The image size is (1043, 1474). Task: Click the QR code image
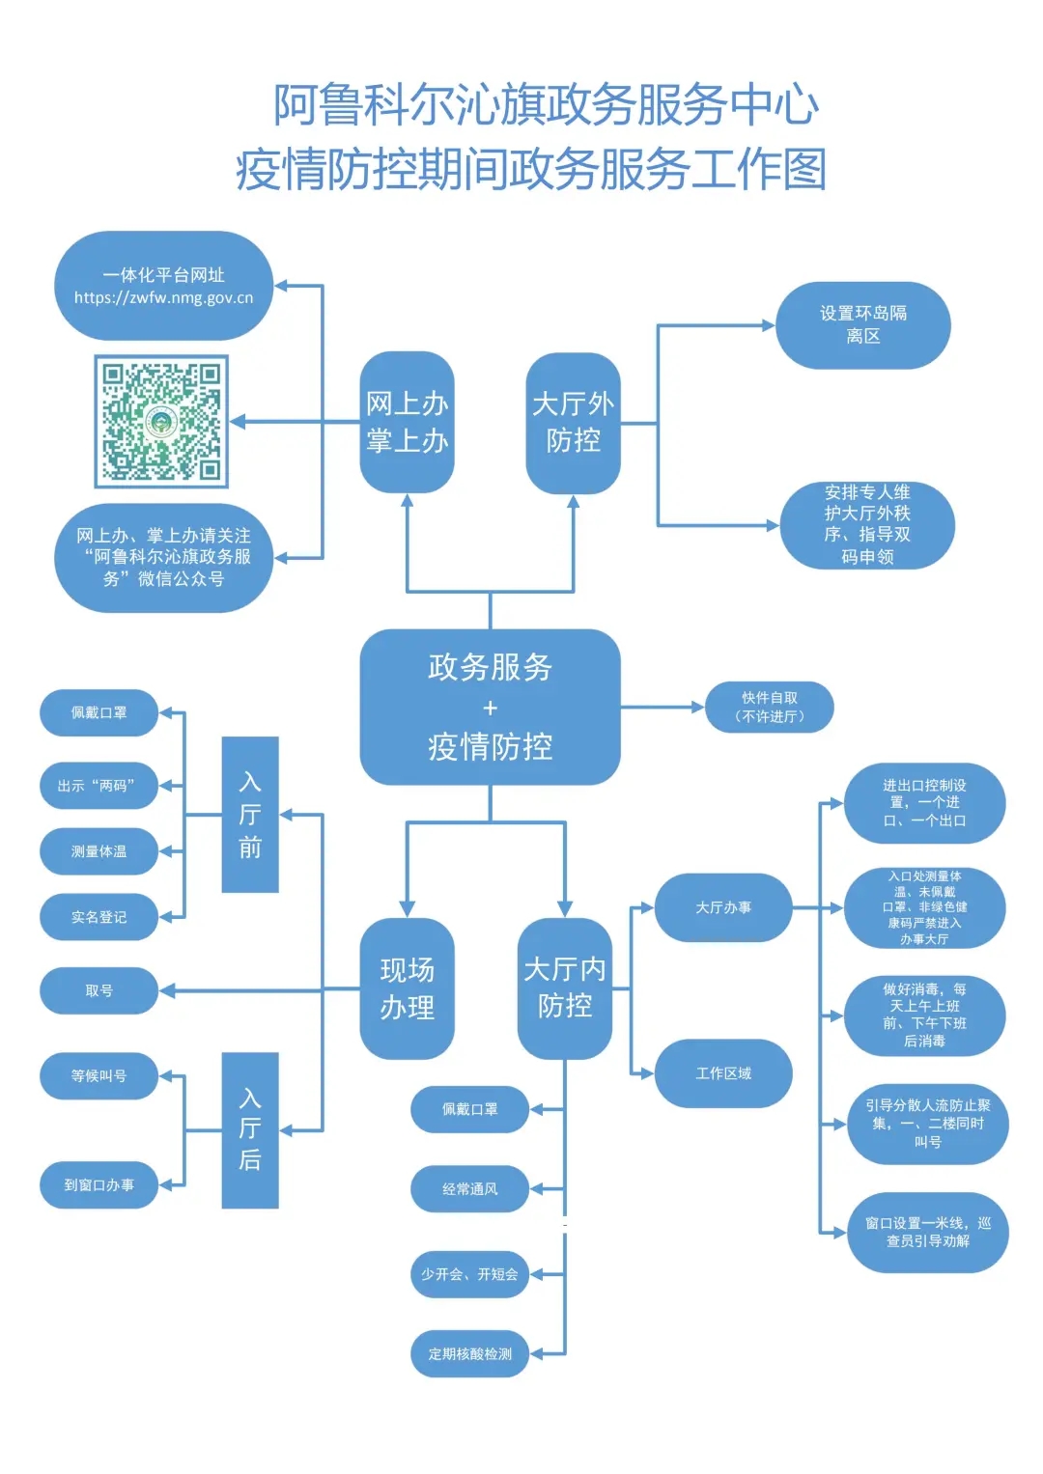pos(161,421)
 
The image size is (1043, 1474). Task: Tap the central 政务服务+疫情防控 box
pos(490,707)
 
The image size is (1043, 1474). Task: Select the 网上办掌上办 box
pos(407,423)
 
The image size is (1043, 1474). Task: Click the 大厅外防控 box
pos(573,423)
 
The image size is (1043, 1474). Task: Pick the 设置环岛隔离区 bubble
pos(862,325)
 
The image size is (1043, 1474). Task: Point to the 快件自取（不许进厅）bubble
pos(769,707)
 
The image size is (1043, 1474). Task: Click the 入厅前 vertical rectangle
pos(250,814)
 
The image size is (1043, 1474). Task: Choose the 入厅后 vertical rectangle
pos(250,1129)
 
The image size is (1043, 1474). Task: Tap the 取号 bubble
pos(99,990)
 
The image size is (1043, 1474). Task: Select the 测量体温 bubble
pos(99,851)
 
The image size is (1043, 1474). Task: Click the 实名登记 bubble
pos(99,917)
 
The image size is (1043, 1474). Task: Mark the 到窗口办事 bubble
pos(99,1184)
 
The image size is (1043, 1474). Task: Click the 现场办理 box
pos(407,988)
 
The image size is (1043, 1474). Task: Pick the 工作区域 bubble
pos(723,1073)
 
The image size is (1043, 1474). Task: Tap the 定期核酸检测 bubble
pos(469,1353)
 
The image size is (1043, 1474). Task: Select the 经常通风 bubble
pos(469,1189)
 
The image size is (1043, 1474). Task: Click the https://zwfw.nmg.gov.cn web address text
pos(163,298)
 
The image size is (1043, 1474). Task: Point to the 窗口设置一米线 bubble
pos(927,1232)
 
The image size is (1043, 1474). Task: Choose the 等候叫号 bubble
pos(99,1075)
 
